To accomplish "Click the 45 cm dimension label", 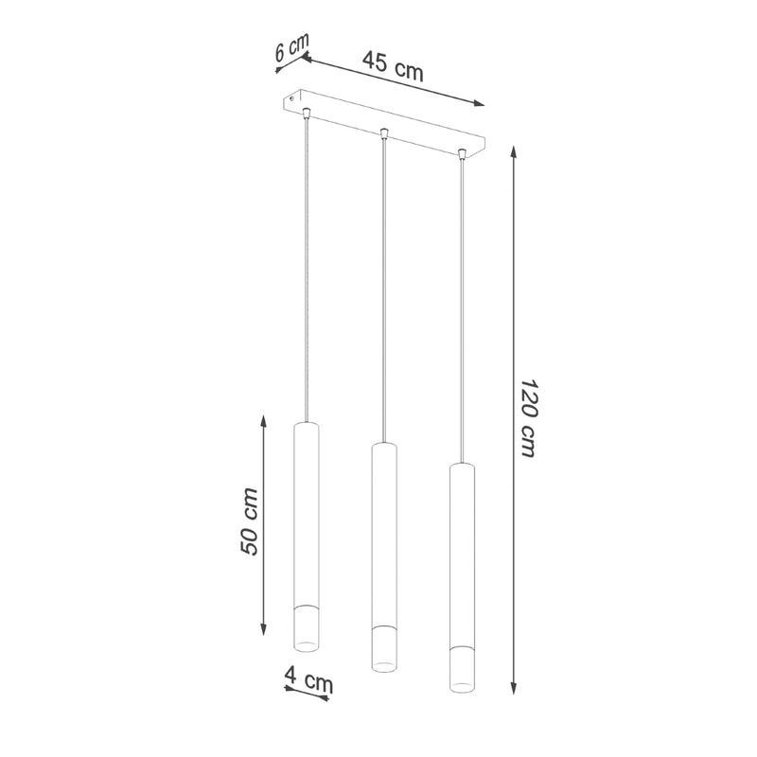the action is (393, 65).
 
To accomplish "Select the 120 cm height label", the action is (529, 417).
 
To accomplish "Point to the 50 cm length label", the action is (249, 521).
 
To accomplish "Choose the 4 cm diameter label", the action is (309, 678).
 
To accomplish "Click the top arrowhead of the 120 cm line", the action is (514, 152).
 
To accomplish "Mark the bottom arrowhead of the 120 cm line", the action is (514, 688).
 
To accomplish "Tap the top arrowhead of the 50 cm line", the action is (264, 421).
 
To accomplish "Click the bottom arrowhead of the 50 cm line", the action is (264, 629).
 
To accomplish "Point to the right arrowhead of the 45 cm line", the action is (478, 103).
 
